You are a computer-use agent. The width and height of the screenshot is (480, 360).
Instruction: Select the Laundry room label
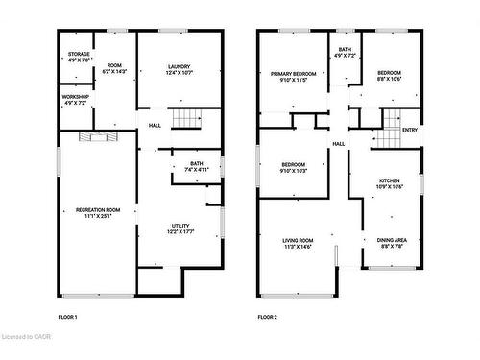coord(180,69)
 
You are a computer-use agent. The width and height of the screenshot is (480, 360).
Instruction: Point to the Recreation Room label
coord(98,212)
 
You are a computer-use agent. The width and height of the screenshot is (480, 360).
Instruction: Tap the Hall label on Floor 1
coord(155,125)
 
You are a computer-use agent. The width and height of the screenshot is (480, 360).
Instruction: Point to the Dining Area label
coord(392,243)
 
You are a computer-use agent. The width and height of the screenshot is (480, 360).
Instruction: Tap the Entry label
coord(410,130)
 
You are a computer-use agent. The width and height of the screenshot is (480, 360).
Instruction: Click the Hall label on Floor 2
coord(339,144)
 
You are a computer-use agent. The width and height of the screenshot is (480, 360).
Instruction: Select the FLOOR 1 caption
coord(68,317)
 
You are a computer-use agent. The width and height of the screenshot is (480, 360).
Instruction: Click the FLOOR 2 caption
coord(267,317)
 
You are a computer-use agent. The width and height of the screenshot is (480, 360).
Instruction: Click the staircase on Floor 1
coord(186,120)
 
